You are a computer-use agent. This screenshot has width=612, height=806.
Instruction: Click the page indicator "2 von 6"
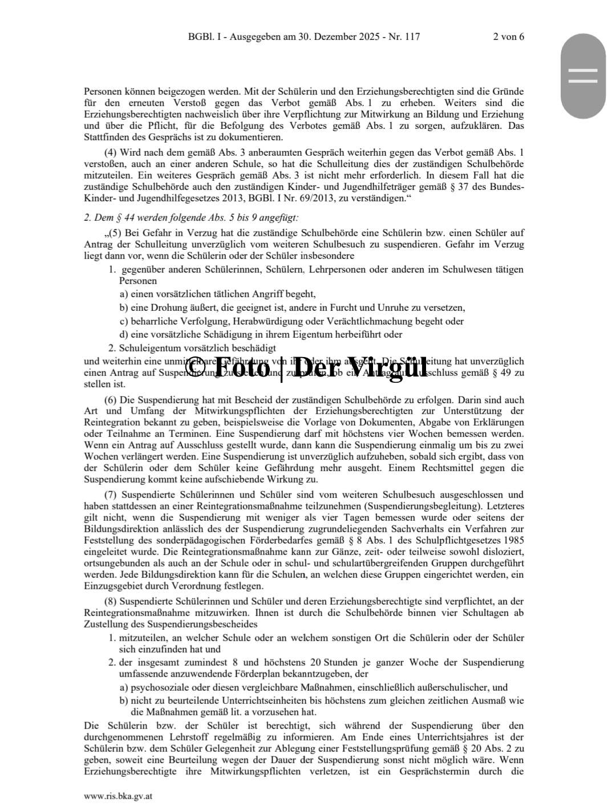tap(508, 37)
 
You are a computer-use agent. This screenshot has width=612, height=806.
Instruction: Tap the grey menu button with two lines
tap(583, 76)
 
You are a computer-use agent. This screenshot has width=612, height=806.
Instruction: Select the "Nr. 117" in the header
tap(404, 37)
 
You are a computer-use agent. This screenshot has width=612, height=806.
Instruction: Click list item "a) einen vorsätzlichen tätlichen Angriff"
tap(217, 294)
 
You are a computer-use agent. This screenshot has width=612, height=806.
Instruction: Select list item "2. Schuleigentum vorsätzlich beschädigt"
tap(192, 348)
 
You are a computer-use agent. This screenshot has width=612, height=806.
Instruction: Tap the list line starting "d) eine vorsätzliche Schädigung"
tap(261, 335)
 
